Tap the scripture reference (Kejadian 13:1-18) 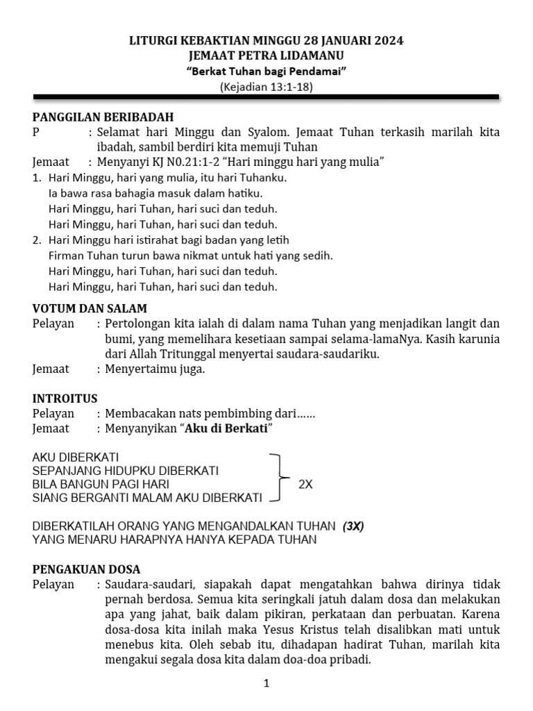266,87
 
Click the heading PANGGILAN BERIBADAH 103,117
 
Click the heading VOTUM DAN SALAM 90,308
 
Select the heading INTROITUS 65,399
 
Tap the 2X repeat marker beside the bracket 305,485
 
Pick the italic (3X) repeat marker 353,526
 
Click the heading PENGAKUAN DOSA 87,569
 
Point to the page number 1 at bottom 266,683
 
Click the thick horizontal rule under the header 266,99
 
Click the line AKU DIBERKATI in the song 76,458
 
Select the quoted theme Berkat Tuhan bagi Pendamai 266,72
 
